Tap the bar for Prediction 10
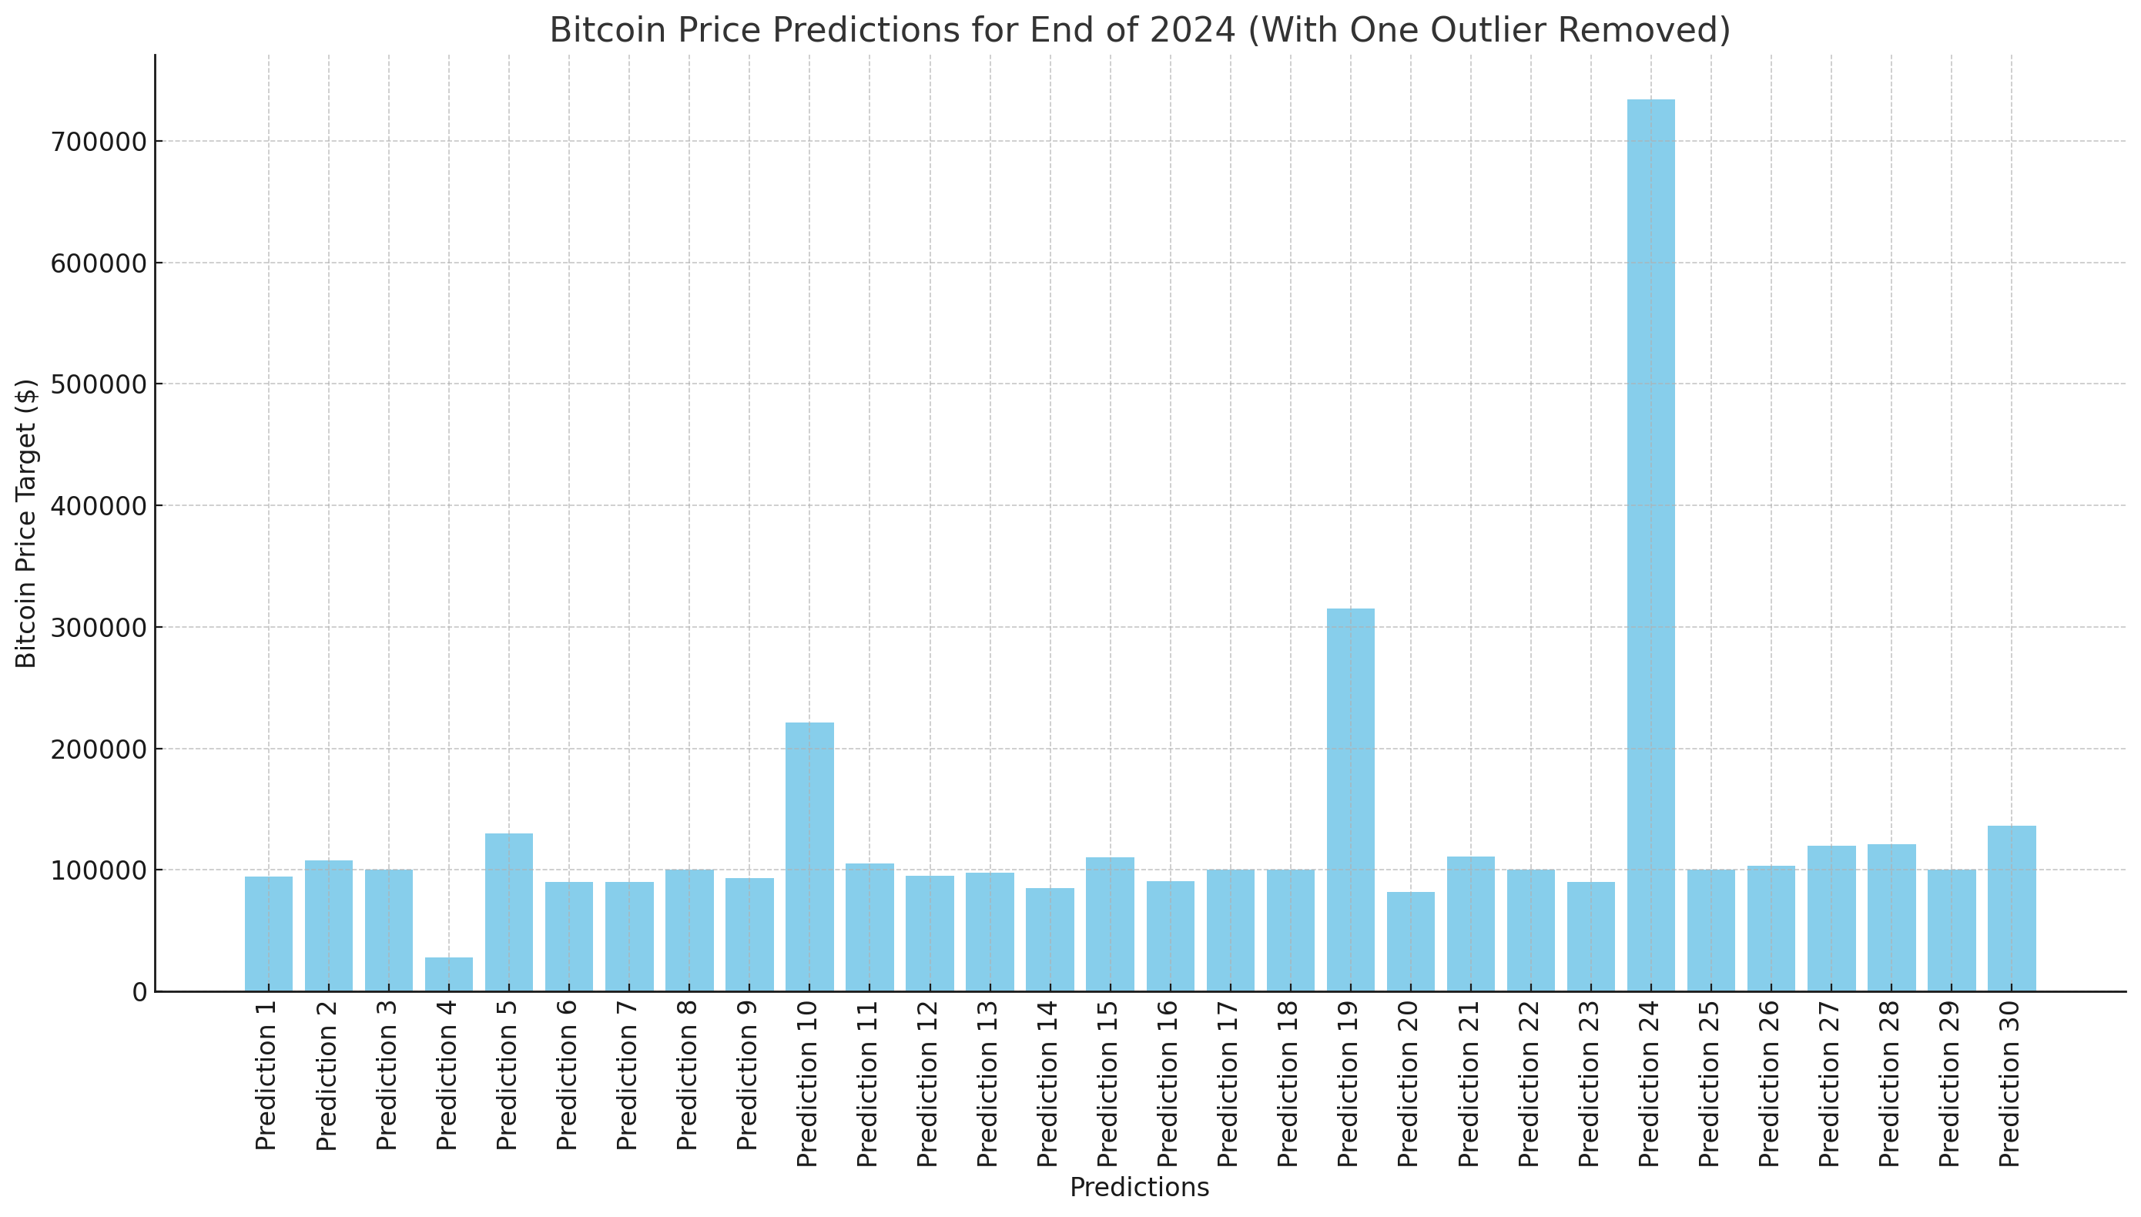point(809,857)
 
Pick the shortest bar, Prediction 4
point(449,974)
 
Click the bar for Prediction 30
point(2012,909)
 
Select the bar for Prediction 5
point(509,912)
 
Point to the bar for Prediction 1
point(268,934)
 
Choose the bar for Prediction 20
point(1411,941)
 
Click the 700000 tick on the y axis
point(99,141)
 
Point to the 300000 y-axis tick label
point(99,628)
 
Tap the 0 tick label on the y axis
point(139,992)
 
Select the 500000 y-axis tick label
point(99,384)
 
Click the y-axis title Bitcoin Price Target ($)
point(27,523)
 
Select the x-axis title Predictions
point(1139,1188)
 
